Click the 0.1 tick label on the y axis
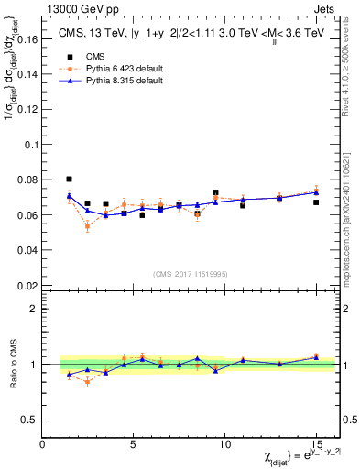click(28, 146)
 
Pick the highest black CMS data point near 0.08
click(70, 180)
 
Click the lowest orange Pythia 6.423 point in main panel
click(87, 225)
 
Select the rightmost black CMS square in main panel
click(316, 202)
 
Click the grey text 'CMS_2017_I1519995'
click(190, 274)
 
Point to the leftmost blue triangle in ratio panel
click(70, 375)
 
